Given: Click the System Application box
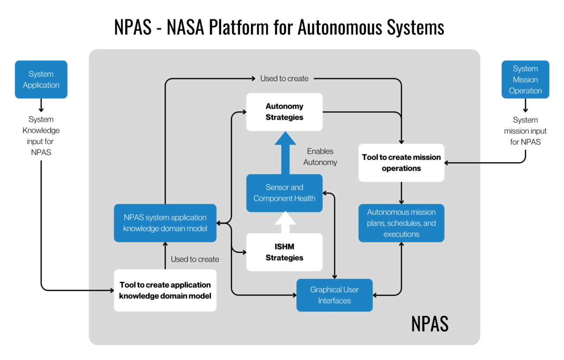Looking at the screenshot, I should [x=41, y=79].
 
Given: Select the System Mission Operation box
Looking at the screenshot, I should [x=525, y=79].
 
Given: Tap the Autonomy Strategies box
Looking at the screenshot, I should [x=284, y=112].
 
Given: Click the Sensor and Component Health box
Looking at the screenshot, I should [x=284, y=193].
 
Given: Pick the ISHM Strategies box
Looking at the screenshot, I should [x=284, y=252].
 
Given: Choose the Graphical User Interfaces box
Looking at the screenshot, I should [x=334, y=295].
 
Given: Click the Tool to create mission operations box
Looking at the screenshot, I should [x=401, y=163].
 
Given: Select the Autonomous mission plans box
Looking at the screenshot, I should [x=401, y=223].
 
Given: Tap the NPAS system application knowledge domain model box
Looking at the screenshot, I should [x=165, y=223].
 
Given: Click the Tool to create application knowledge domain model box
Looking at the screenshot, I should [x=165, y=290].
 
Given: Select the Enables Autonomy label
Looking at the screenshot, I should [x=320, y=157].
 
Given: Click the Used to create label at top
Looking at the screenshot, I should [x=284, y=78].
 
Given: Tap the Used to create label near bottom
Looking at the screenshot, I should [x=195, y=259].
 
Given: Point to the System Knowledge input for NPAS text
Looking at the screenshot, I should [x=41, y=136].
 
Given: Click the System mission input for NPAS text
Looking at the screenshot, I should [x=525, y=131].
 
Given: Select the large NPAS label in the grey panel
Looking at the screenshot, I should [x=430, y=324].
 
